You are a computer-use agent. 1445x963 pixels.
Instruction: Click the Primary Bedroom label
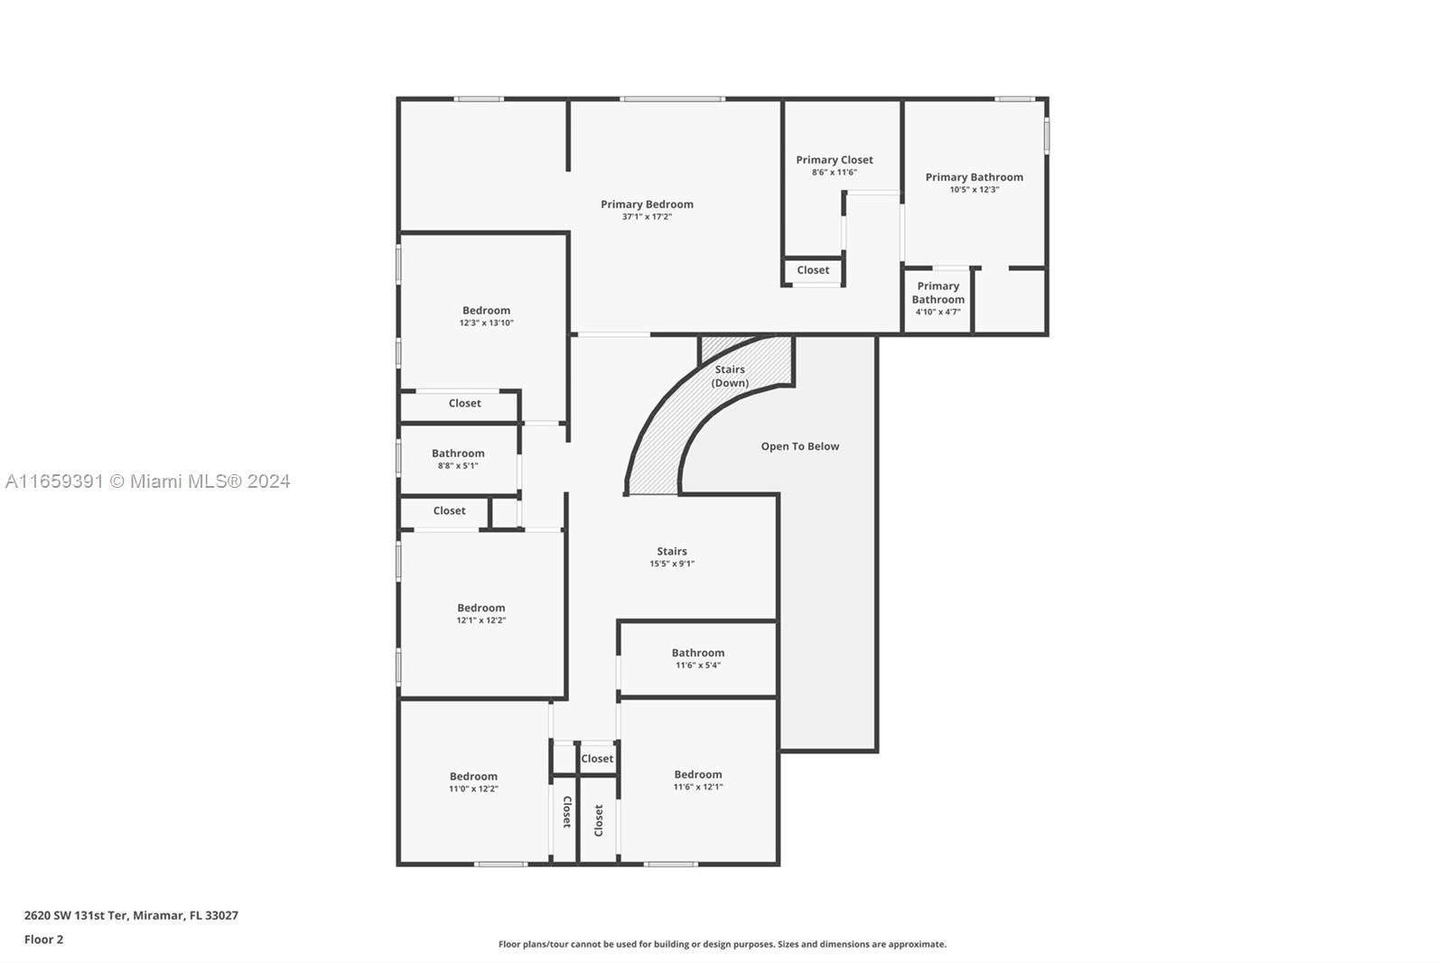[x=647, y=204]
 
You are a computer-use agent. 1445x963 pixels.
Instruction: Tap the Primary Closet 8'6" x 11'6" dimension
[x=834, y=173]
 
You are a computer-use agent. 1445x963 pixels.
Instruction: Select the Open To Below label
[x=800, y=446]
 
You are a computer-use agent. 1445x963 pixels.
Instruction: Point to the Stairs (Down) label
[x=730, y=376]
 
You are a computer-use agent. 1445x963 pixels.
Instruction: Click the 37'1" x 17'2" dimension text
[x=647, y=217]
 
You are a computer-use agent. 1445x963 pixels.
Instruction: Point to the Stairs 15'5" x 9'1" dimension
[x=672, y=564]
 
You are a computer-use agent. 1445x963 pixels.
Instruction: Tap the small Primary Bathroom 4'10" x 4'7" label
[x=938, y=298]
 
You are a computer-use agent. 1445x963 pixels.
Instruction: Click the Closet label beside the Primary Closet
[x=813, y=270]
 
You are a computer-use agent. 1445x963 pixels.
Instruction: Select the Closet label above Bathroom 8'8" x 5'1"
[x=464, y=403]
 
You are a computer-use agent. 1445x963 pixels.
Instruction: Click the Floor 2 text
[x=44, y=940]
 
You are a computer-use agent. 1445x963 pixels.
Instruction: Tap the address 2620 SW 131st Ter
[x=77, y=915]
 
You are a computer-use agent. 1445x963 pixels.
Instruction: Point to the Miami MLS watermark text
[x=148, y=481]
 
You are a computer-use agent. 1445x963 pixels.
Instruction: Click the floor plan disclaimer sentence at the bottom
[x=722, y=944]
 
